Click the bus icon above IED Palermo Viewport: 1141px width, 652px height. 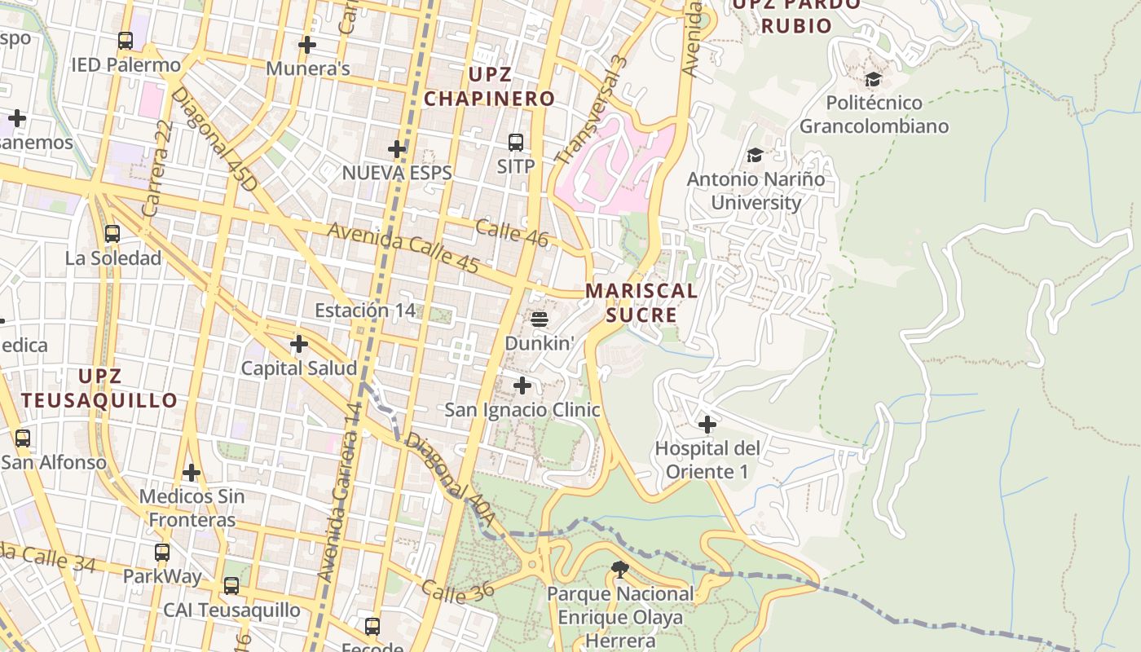click(x=125, y=41)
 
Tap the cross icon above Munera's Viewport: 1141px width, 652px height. click(x=307, y=45)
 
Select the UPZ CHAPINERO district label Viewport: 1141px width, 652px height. click(x=489, y=87)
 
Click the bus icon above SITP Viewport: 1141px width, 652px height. click(x=516, y=143)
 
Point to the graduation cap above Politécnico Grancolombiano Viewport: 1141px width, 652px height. click(x=874, y=79)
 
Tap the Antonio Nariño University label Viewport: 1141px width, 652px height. click(x=756, y=191)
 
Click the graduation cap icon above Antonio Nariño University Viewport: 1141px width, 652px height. click(x=756, y=155)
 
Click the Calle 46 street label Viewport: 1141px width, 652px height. click(x=511, y=232)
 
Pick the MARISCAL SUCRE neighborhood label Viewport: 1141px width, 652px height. click(x=642, y=302)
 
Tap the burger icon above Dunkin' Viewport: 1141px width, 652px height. click(x=540, y=319)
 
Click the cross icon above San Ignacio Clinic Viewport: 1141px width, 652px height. click(x=522, y=385)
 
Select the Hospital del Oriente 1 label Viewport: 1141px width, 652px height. click(x=707, y=460)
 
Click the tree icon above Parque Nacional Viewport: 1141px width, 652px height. click(x=620, y=570)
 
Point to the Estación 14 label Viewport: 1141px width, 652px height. click(x=365, y=311)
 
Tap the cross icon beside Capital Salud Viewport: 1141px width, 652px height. click(x=299, y=344)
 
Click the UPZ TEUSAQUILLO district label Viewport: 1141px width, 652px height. click(x=99, y=388)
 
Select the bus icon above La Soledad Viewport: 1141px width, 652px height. click(x=112, y=234)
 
